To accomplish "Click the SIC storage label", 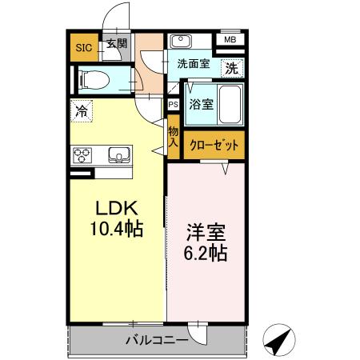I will pos(83,47).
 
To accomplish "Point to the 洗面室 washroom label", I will pos(194,64).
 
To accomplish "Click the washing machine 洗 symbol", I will pos(231,69).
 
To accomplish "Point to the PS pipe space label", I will pos(173,104).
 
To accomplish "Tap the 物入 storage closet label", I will pos(173,136).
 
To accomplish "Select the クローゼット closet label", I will pos(214,146).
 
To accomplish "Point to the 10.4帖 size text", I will pos(114,230).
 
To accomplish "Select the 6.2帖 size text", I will pos(206,254).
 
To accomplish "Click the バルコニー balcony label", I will pos(156,341).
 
